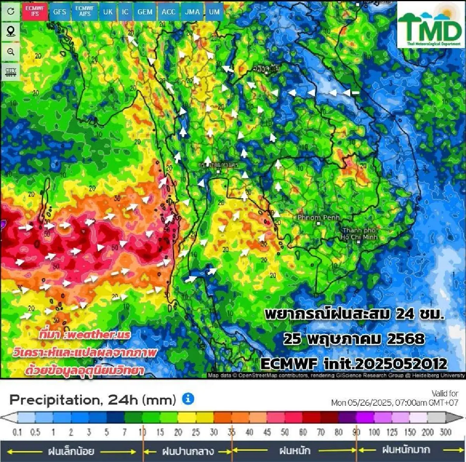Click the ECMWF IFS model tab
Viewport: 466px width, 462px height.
35,11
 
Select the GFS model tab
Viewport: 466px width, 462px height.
59,12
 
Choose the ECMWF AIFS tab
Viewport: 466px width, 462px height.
85,11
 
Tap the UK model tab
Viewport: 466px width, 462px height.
108,12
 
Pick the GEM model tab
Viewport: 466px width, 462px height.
145,12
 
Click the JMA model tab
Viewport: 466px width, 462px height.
192,12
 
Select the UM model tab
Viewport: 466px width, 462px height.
214,12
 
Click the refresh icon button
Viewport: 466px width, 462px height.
11,11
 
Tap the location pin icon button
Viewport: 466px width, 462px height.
11,31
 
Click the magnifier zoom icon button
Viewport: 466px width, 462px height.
11,52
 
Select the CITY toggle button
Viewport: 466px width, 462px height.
11,72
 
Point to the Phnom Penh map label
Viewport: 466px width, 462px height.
318,218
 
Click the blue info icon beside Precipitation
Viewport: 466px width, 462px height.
188,398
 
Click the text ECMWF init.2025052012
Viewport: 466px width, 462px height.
354,364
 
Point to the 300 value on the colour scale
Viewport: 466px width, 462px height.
445,432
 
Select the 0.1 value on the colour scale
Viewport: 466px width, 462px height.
17,432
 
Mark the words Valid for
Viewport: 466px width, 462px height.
445,393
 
